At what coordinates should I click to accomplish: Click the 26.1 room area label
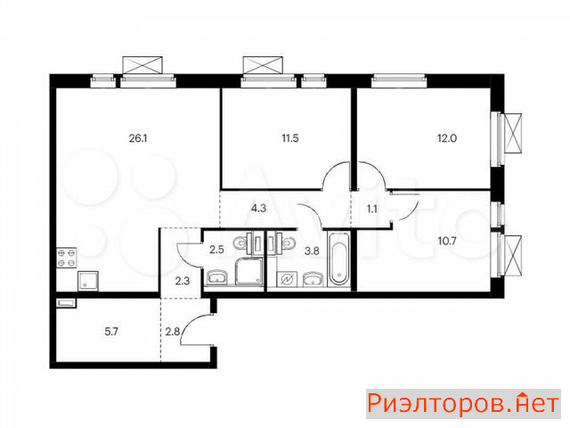tap(138, 138)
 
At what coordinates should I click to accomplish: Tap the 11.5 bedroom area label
tap(290, 138)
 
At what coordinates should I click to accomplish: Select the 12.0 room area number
tap(447, 138)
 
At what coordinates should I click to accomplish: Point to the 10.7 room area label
tap(447, 241)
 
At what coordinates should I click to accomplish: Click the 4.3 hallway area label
tap(258, 208)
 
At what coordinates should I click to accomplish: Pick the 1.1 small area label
tap(372, 210)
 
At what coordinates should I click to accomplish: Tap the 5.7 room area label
tap(110, 332)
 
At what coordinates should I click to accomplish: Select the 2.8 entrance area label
tap(173, 332)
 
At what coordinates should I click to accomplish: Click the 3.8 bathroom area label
tap(312, 251)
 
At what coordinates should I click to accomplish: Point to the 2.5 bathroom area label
tap(216, 250)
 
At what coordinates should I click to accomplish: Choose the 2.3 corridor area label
tap(182, 281)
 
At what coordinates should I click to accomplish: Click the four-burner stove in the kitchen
tap(67, 258)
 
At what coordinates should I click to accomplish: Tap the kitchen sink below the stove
tap(88, 281)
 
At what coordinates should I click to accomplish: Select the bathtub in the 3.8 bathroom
tap(338, 259)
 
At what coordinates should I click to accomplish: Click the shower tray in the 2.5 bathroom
tap(249, 271)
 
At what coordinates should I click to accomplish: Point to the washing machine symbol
tap(287, 279)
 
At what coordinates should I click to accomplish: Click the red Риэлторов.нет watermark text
tap(463, 404)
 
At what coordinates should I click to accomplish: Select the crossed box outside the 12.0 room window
tap(512, 134)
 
